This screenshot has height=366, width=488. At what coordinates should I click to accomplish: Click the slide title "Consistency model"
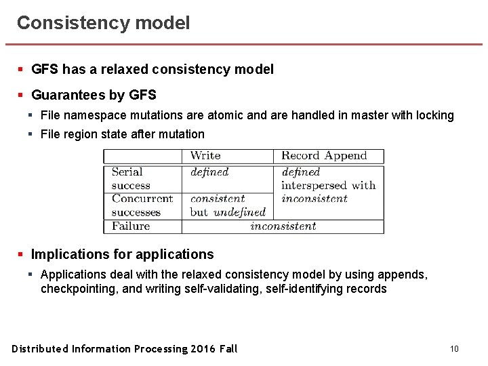point(103,23)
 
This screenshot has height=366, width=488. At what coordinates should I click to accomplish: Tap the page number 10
point(454,349)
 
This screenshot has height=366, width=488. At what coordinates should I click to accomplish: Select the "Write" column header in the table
point(205,156)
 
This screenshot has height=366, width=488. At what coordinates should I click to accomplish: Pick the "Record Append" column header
point(324,156)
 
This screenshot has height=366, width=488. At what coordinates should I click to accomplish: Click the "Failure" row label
point(131,226)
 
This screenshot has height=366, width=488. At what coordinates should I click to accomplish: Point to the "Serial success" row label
point(131,178)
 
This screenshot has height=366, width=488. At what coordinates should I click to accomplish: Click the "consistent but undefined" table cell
point(227,205)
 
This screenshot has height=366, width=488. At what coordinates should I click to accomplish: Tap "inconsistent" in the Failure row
point(283,226)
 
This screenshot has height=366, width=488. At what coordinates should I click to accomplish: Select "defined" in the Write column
point(209,172)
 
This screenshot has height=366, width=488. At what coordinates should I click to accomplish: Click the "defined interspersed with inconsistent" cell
point(328,185)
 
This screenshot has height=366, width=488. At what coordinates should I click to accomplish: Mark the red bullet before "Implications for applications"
point(21,255)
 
